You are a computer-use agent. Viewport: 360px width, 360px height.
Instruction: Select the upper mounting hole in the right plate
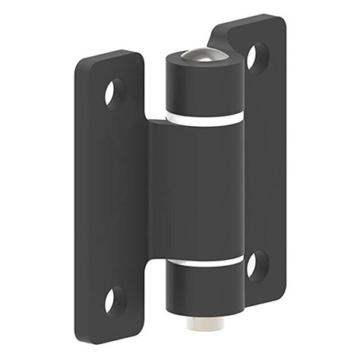(257, 57)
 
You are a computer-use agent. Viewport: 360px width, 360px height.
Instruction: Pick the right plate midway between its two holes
(263, 161)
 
